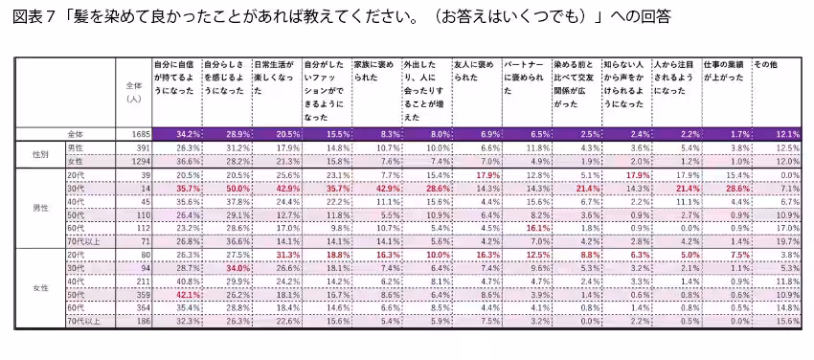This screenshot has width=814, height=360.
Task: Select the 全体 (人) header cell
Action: point(133,91)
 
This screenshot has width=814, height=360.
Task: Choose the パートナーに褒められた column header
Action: point(526,77)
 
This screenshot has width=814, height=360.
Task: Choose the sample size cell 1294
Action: point(132,162)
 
